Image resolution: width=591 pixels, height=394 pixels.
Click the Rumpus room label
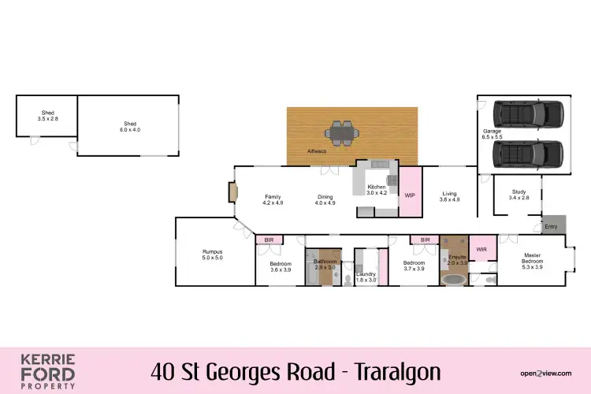point(213,255)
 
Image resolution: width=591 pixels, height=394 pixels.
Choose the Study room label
point(519,195)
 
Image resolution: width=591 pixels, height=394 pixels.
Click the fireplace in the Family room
point(232,193)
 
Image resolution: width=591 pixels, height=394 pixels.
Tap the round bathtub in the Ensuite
point(452,279)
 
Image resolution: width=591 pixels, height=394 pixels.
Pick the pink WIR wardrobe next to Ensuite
point(482,250)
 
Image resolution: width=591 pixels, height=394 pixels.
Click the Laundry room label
point(366,277)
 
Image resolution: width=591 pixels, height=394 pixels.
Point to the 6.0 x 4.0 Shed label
point(130,126)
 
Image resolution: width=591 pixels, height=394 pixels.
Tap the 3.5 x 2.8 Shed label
point(48,115)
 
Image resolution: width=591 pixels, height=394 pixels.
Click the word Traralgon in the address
point(398,370)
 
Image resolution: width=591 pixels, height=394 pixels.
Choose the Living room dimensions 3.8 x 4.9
point(449,200)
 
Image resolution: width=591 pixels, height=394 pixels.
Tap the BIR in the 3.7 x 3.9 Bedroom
point(425,240)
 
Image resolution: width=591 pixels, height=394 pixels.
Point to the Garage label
point(492,134)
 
